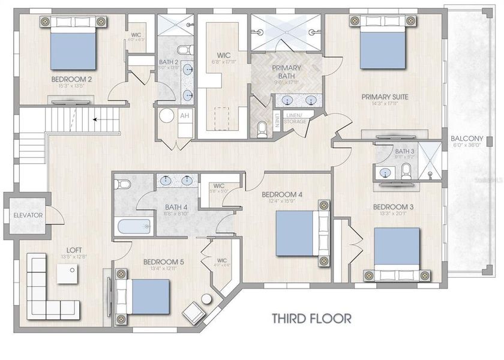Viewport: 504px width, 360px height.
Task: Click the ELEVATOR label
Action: click(x=28, y=215)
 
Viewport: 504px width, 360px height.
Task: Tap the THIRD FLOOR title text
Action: click(x=311, y=317)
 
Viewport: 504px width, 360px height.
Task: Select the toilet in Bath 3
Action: click(x=407, y=170)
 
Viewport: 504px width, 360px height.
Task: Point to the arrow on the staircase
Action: click(x=96, y=119)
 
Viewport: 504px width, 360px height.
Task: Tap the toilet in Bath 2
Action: click(x=184, y=50)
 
